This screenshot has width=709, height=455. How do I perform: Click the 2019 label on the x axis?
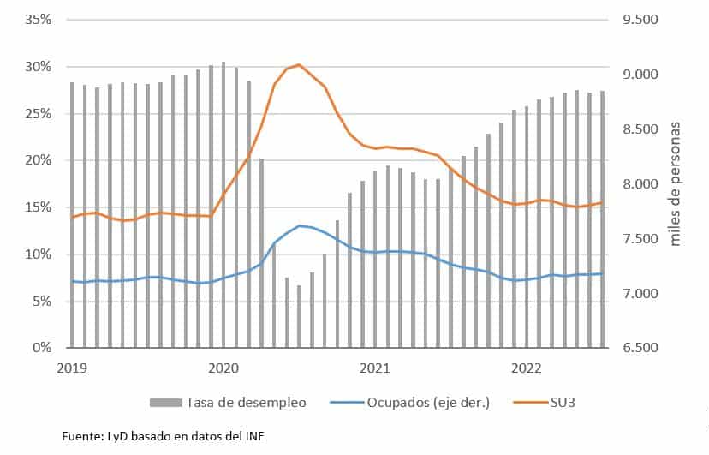72,368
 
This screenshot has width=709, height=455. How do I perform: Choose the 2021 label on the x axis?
375,368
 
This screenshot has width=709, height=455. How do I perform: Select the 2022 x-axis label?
527,368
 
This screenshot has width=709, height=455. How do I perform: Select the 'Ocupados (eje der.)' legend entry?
428,401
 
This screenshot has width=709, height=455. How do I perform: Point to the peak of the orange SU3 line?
299,64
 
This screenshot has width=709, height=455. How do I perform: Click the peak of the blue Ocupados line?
299,225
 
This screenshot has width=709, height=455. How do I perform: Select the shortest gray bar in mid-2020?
299,316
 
